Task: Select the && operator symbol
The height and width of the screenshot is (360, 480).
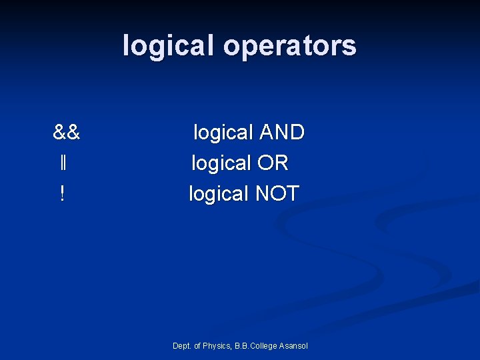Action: pos(67,133)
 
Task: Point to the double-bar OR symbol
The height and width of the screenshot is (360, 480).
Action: pos(62,163)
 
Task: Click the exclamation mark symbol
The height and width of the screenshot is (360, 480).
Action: pos(62,194)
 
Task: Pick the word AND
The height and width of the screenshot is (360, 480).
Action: pos(281,133)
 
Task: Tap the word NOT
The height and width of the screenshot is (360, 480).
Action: pos(277,194)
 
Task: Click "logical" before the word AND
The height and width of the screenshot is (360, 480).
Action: pos(223,133)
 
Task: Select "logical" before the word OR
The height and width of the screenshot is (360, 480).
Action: pos(221,163)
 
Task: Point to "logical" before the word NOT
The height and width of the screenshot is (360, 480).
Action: pos(218,194)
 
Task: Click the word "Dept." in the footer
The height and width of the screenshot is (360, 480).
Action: pos(181,346)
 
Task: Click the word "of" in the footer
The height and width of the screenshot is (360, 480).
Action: pos(197,346)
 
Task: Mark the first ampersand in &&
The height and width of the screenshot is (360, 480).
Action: pos(60,133)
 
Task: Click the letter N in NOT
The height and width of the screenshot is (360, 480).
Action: pos(263,194)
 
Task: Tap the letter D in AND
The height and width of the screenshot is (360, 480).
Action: pos(297,133)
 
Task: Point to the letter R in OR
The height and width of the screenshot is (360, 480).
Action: pos(281,163)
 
